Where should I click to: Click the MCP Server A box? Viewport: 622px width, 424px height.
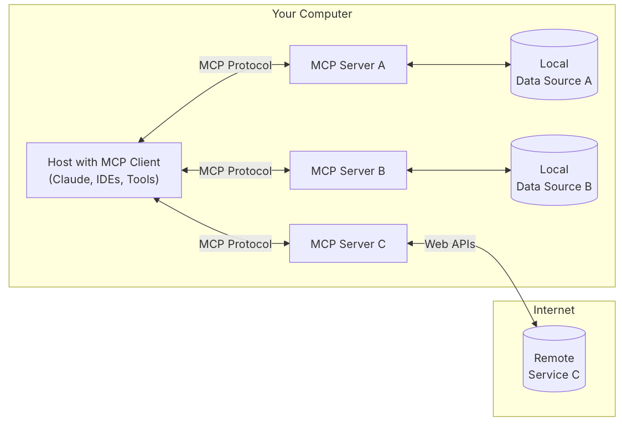[x=348, y=65]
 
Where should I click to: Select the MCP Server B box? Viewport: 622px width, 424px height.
[x=348, y=170]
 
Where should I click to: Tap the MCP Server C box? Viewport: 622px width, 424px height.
[x=348, y=244]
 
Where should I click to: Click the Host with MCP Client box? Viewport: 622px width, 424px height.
[x=104, y=170]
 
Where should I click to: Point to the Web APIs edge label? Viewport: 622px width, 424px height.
[x=450, y=244]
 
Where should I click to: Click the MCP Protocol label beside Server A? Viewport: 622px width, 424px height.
[x=235, y=65]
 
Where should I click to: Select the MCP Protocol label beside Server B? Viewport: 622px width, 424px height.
[x=235, y=170]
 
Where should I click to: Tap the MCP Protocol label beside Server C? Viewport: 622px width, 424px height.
[x=235, y=244]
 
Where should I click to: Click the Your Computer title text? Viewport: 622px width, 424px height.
[x=312, y=14]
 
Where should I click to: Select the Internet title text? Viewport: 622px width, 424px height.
[x=554, y=310]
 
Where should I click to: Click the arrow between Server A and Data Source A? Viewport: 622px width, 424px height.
[x=459, y=65]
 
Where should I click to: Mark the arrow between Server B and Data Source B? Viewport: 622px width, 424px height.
[x=459, y=170]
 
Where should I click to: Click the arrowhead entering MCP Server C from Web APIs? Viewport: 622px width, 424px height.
[x=411, y=244]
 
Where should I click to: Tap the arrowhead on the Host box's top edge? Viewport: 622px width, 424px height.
[x=142, y=139]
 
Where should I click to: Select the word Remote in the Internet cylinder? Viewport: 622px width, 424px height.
[x=554, y=358]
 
